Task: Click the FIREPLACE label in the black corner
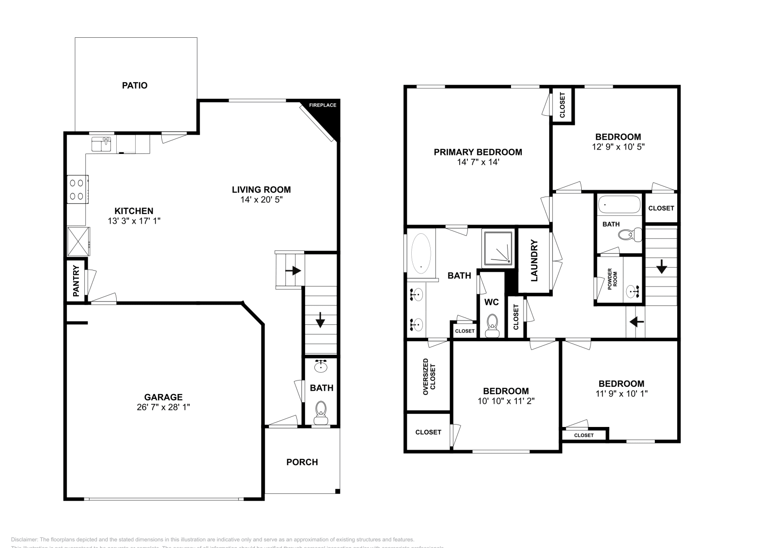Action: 323,105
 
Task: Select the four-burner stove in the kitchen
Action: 77,189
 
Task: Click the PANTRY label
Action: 76,281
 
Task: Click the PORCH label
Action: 302,462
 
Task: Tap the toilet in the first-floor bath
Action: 321,411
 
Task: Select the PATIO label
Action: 135,86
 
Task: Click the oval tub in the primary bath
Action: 420,252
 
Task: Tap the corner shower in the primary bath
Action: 497,248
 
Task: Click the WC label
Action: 491,303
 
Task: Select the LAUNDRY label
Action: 535,260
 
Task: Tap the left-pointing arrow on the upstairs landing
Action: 636,321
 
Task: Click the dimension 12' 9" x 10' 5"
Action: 618,146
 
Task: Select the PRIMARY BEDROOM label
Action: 478,152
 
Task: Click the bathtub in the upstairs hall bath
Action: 619,205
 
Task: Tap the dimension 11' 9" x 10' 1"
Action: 621,394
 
